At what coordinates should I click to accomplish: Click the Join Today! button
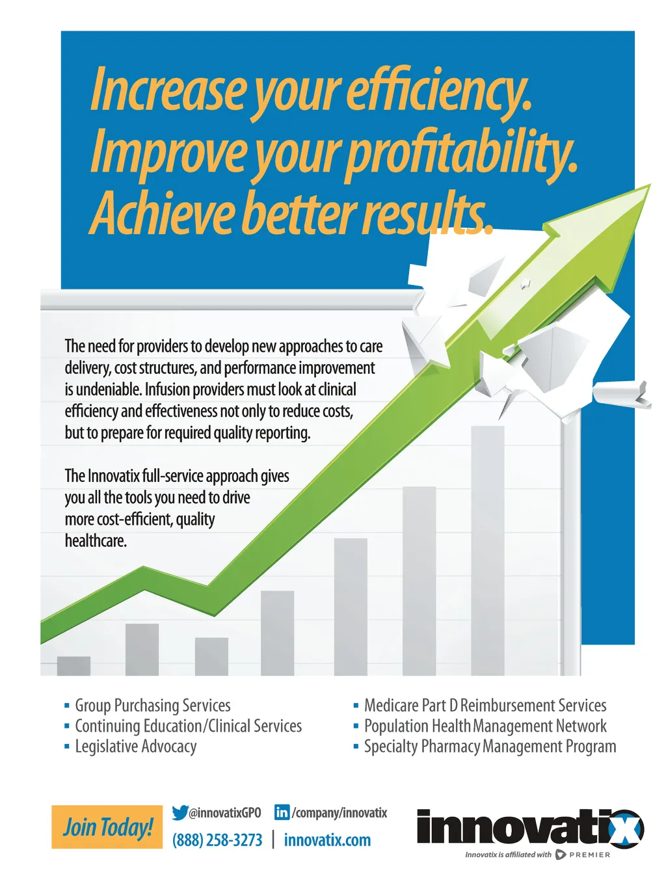click(107, 827)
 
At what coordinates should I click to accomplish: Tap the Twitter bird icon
click(180, 813)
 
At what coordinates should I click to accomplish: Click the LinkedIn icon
click(282, 812)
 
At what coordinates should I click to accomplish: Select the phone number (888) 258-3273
click(217, 840)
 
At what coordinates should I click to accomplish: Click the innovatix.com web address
click(327, 840)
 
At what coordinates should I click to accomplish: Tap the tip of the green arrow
click(650, 185)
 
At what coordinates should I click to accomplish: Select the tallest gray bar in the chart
click(487, 551)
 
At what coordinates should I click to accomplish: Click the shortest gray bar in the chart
click(73, 666)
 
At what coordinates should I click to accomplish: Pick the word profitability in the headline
click(461, 153)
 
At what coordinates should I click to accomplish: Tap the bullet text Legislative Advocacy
click(136, 747)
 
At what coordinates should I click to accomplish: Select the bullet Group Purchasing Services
click(153, 705)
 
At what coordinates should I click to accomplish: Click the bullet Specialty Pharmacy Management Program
click(490, 747)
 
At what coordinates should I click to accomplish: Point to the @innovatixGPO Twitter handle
click(224, 813)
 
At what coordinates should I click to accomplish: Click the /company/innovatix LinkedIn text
click(340, 813)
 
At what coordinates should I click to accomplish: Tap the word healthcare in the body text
click(96, 540)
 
